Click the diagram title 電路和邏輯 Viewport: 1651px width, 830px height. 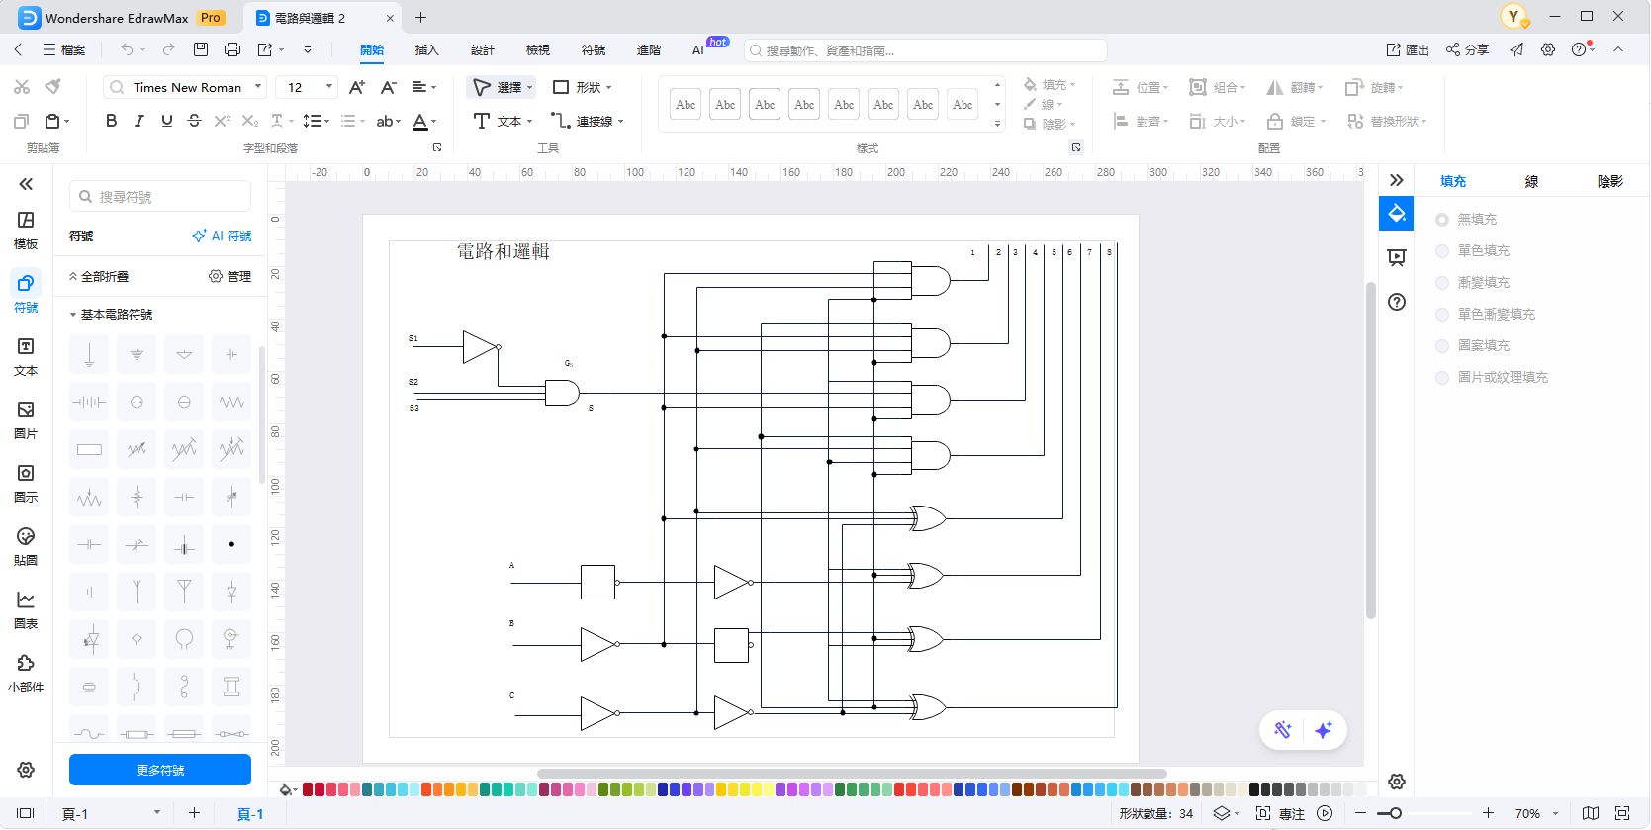(x=503, y=251)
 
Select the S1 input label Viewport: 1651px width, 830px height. (x=413, y=338)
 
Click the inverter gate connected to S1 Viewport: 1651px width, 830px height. (x=480, y=347)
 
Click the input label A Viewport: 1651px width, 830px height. (x=511, y=566)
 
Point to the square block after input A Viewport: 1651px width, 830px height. (x=597, y=583)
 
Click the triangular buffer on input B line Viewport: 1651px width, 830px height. (x=597, y=644)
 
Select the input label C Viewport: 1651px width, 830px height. (x=511, y=695)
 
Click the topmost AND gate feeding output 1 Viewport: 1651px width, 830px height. (x=929, y=280)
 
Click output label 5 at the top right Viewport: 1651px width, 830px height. (x=1054, y=252)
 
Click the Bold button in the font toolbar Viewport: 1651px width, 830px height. (x=111, y=121)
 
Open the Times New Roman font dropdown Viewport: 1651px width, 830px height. (x=258, y=87)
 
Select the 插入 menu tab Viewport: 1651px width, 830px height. (x=426, y=50)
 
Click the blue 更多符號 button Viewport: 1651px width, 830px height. (x=160, y=770)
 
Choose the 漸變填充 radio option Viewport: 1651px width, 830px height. (x=1442, y=283)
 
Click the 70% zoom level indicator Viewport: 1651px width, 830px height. (x=1527, y=813)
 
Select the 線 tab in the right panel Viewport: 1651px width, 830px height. (x=1531, y=181)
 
